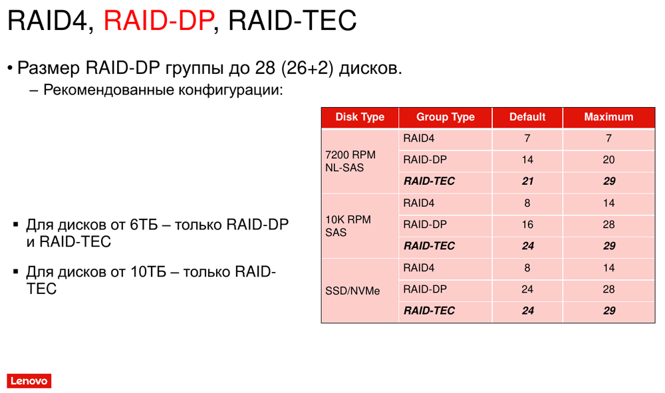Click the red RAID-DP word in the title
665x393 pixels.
pos(158,20)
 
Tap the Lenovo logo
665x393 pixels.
pos(29,381)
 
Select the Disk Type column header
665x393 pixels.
pos(360,117)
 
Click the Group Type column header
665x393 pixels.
pos(446,117)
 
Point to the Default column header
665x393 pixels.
pos(527,117)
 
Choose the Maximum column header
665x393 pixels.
pos(608,117)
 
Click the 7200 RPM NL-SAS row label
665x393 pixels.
pos(350,161)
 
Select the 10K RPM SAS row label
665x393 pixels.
pos(348,226)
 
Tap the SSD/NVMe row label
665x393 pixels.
pos(352,291)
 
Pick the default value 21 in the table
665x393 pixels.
pos(527,182)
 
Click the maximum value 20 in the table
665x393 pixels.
pos(608,160)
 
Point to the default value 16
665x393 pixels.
pos(527,225)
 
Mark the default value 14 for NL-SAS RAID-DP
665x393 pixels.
pos(527,160)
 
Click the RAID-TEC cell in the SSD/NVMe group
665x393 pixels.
pos(429,311)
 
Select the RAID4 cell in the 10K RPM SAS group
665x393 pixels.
pos(418,203)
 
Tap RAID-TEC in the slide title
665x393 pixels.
pos(292,20)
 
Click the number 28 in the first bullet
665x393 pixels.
pos(265,68)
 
